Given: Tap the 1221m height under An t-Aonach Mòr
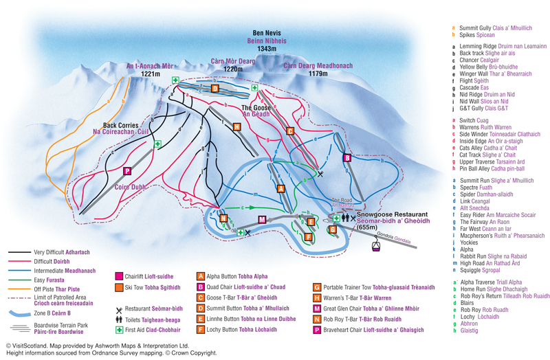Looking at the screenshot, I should click(150, 74).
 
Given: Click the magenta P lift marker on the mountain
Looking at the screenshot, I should click(126, 171).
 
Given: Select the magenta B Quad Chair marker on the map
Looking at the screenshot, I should click(347, 158).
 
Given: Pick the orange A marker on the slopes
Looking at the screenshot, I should click(280, 188).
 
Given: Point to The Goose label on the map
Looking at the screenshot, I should click(255, 108).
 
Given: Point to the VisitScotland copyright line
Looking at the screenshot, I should click(97, 346).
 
